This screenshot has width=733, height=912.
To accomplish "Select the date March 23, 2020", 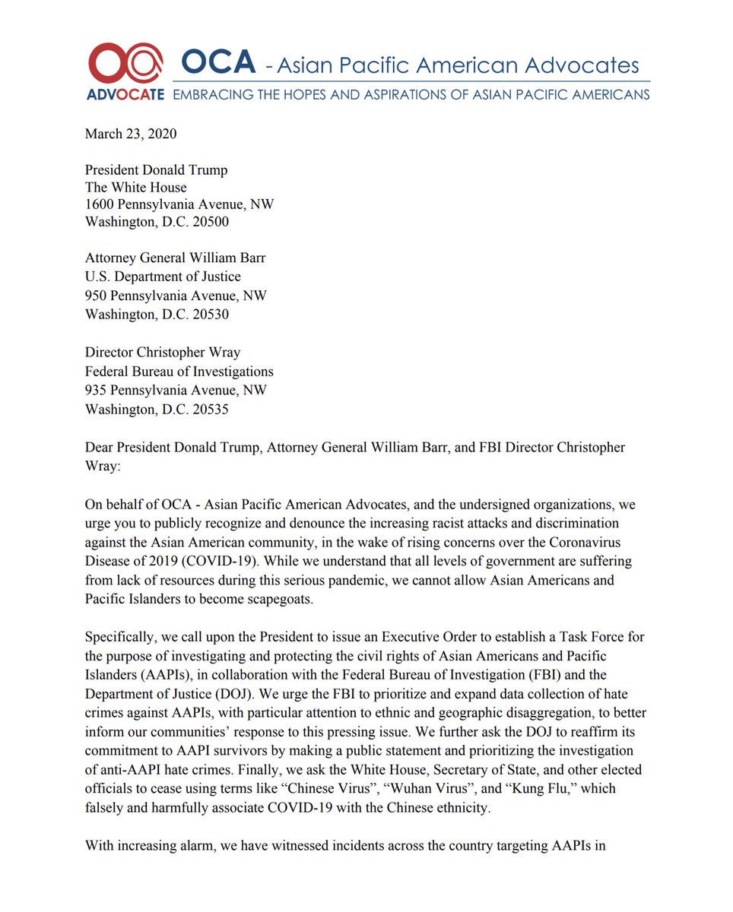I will tap(131, 135).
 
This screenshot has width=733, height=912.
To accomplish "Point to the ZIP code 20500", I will tap(209, 223).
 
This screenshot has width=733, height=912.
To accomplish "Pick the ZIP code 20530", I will tap(209, 314).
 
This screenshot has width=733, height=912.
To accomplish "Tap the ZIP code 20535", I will tap(209, 409).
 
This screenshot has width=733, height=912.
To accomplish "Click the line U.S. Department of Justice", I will tap(163, 277).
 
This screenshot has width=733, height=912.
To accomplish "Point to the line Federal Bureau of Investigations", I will tap(179, 372).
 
